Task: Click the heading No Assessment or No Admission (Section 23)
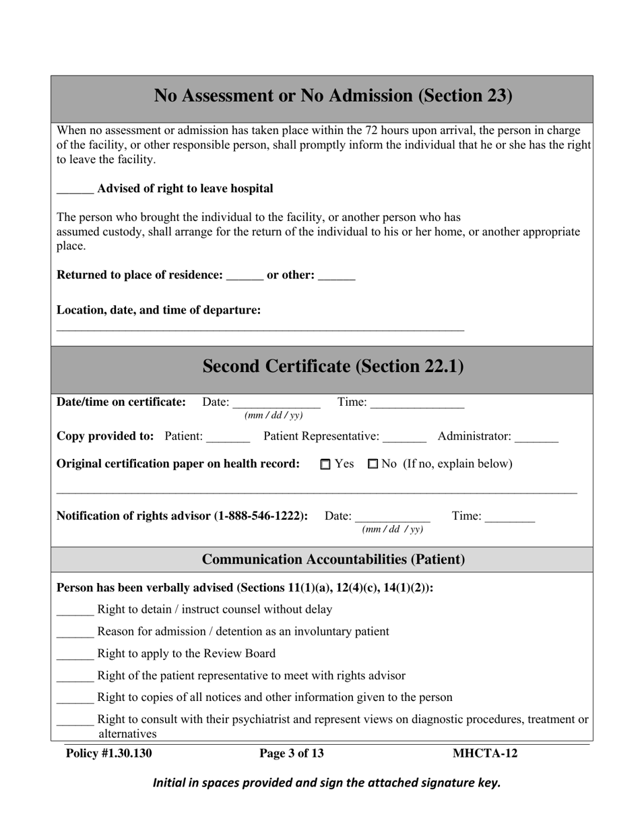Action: click(x=333, y=96)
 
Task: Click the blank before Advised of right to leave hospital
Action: click(x=75, y=189)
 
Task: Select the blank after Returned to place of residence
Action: click(x=245, y=276)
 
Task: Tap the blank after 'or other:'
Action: click(x=336, y=276)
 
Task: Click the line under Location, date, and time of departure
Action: click(x=260, y=329)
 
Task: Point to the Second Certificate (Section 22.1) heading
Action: click(x=333, y=367)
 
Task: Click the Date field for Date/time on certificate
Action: click(x=276, y=403)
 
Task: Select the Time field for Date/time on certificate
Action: click(x=417, y=403)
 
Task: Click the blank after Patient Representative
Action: click(x=404, y=437)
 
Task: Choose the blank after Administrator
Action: click(x=536, y=437)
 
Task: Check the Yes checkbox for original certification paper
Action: click(x=326, y=464)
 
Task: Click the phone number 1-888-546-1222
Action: click(x=261, y=516)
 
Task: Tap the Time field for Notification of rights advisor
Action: click(x=509, y=517)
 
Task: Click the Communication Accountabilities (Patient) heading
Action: click(x=333, y=559)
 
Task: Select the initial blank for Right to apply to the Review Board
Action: click(x=75, y=654)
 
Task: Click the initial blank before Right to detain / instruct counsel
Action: click(x=75, y=610)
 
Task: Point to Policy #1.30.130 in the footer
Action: click(x=109, y=754)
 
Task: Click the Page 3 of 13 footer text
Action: click(x=292, y=754)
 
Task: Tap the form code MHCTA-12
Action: click(x=485, y=754)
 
